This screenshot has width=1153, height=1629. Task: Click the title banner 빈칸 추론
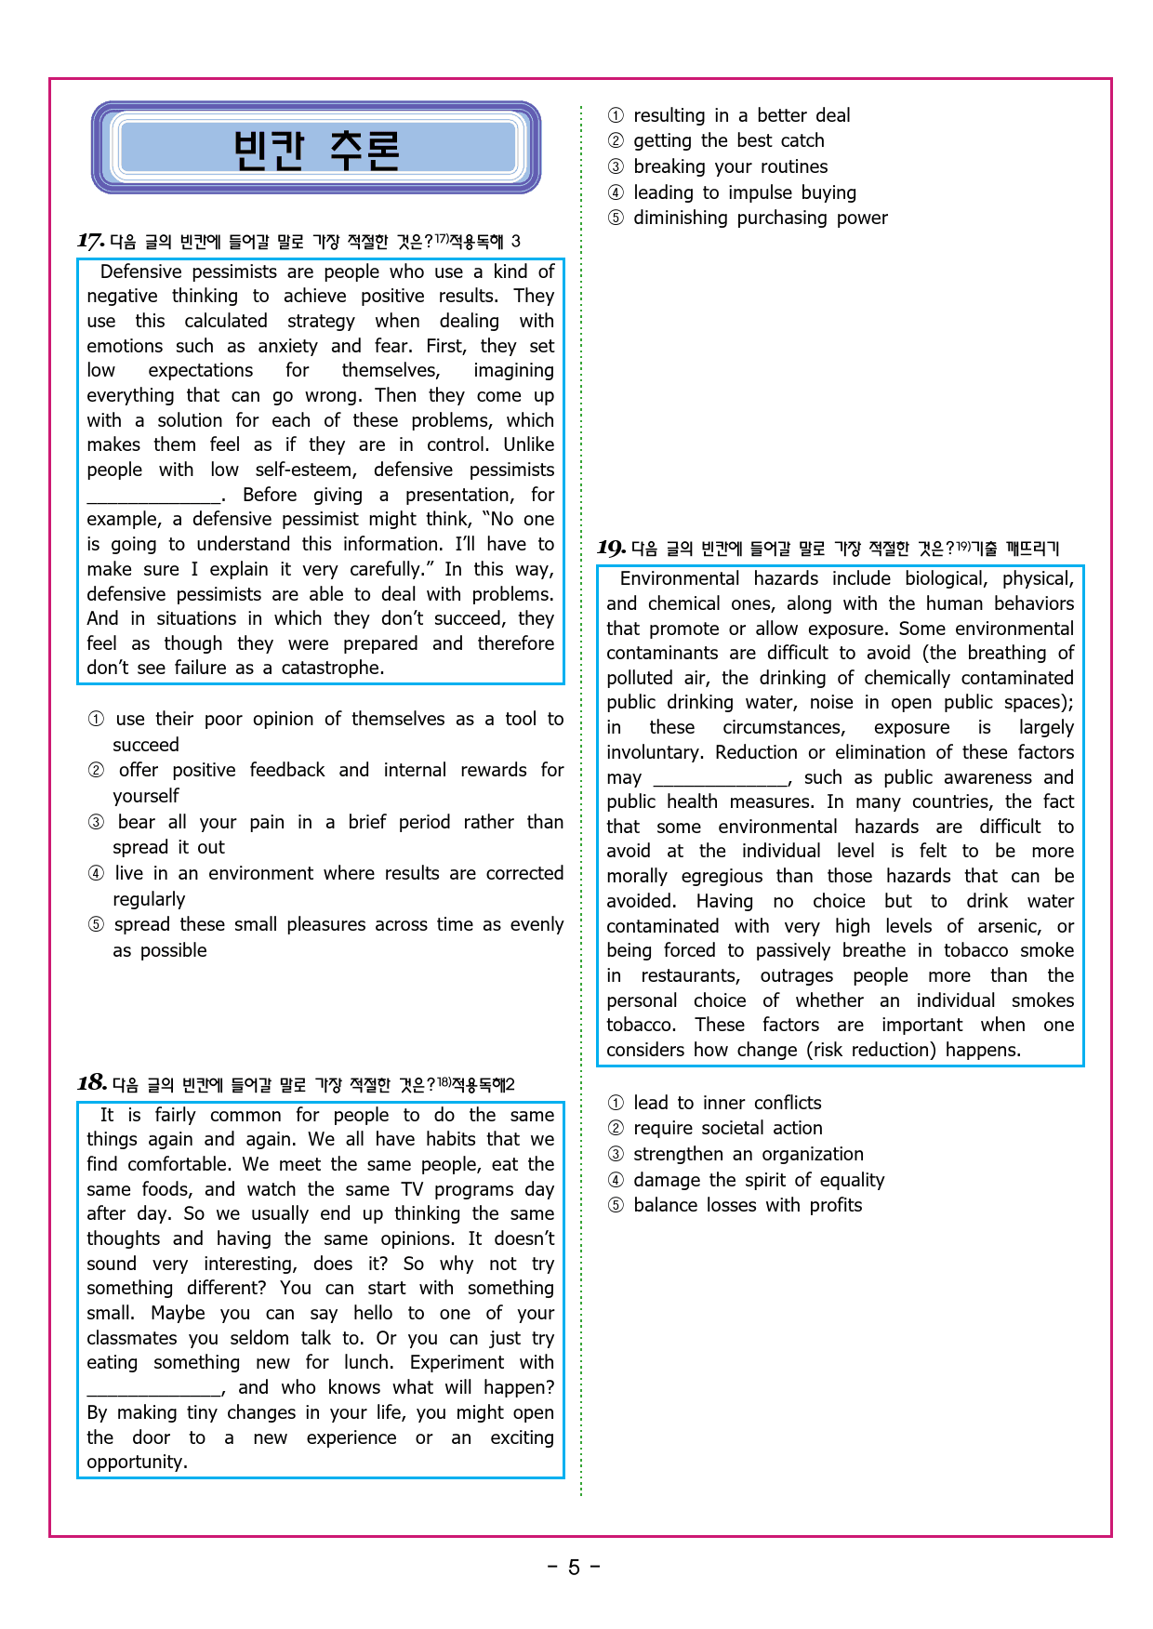pos(316,149)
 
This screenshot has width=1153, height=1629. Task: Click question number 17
pos(90,241)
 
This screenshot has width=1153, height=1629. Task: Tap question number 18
pos(91,1083)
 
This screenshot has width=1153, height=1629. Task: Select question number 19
pos(611,548)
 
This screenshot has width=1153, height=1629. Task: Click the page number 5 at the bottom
pos(574,1568)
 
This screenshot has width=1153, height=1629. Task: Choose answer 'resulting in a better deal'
pos(741,115)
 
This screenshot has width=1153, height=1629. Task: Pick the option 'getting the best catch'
pos(728,140)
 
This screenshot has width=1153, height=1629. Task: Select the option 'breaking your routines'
pos(730,166)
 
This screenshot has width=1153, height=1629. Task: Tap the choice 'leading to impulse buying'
pos(744,192)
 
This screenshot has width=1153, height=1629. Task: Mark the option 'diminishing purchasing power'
pos(760,218)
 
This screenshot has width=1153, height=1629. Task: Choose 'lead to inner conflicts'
pos(727,1103)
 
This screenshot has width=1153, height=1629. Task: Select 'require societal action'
pos(727,1128)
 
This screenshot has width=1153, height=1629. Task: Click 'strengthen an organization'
pos(748,1154)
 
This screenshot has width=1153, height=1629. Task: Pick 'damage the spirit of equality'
pos(758,1180)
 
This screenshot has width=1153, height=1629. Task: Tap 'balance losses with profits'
pos(747,1205)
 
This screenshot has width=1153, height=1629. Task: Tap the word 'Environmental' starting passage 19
pos(680,578)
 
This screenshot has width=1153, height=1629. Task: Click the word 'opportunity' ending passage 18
pos(136,1462)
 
